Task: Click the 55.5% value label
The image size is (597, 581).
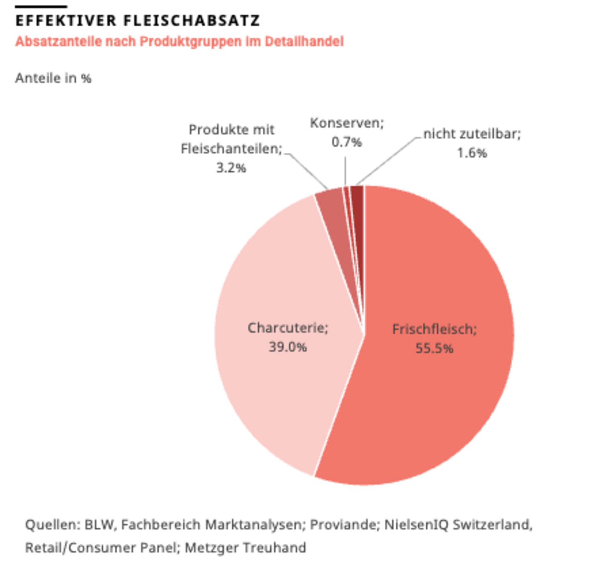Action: [434, 349]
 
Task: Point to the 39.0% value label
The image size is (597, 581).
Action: [288, 347]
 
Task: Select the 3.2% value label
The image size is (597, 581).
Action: [231, 168]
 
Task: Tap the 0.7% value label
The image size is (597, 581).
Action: [347, 142]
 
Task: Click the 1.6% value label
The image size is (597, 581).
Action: [472, 153]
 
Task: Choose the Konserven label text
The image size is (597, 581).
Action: [346, 123]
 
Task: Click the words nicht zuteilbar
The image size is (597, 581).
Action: [472, 134]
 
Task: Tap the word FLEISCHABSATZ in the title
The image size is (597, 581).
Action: [192, 20]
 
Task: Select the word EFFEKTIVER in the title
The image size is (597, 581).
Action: [66, 20]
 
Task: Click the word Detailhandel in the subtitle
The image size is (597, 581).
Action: [304, 41]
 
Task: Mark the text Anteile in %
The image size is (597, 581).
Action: [53, 78]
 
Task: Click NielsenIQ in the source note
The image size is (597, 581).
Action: [416, 524]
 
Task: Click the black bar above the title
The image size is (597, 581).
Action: [41, 6]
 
